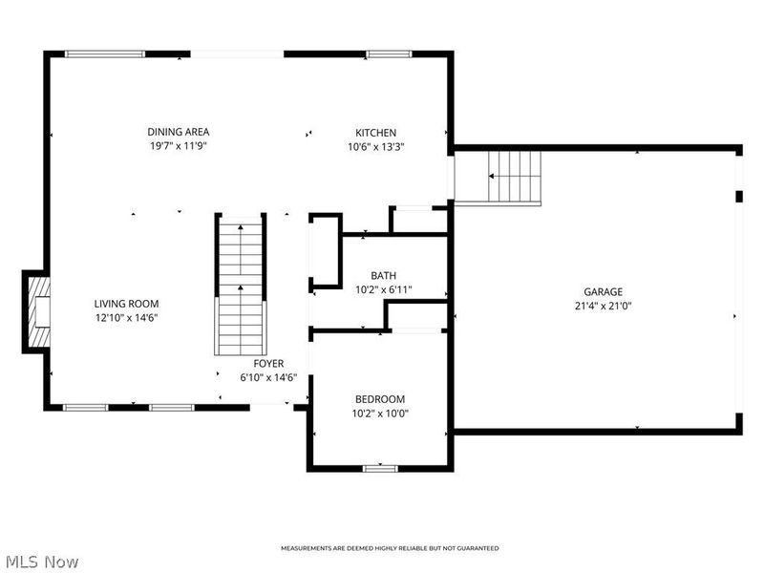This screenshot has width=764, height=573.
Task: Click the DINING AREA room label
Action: point(179,132)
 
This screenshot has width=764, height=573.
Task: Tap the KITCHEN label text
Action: point(375,133)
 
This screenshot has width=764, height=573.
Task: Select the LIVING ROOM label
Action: point(126,304)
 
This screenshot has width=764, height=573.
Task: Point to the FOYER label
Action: point(268,364)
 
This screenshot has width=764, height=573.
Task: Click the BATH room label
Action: point(383,276)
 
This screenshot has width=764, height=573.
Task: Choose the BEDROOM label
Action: point(380,399)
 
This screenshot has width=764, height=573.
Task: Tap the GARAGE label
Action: point(604,292)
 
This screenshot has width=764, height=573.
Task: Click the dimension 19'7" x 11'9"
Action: point(179,146)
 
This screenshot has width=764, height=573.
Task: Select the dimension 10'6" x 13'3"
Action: point(375,147)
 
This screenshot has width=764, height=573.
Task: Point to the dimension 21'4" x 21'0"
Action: point(604,307)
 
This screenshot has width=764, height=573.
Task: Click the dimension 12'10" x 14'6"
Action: point(126,318)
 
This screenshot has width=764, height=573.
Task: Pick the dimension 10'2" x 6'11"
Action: point(383,290)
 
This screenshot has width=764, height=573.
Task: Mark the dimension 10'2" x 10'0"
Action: point(380,414)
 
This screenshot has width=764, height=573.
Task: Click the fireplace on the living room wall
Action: point(37,311)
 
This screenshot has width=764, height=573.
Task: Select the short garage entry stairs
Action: point(514,176)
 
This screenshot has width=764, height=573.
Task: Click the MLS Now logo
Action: point(43,562)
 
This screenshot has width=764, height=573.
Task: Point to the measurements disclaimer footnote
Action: point(389,548)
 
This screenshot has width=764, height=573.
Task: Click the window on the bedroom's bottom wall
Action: point(380,468)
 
